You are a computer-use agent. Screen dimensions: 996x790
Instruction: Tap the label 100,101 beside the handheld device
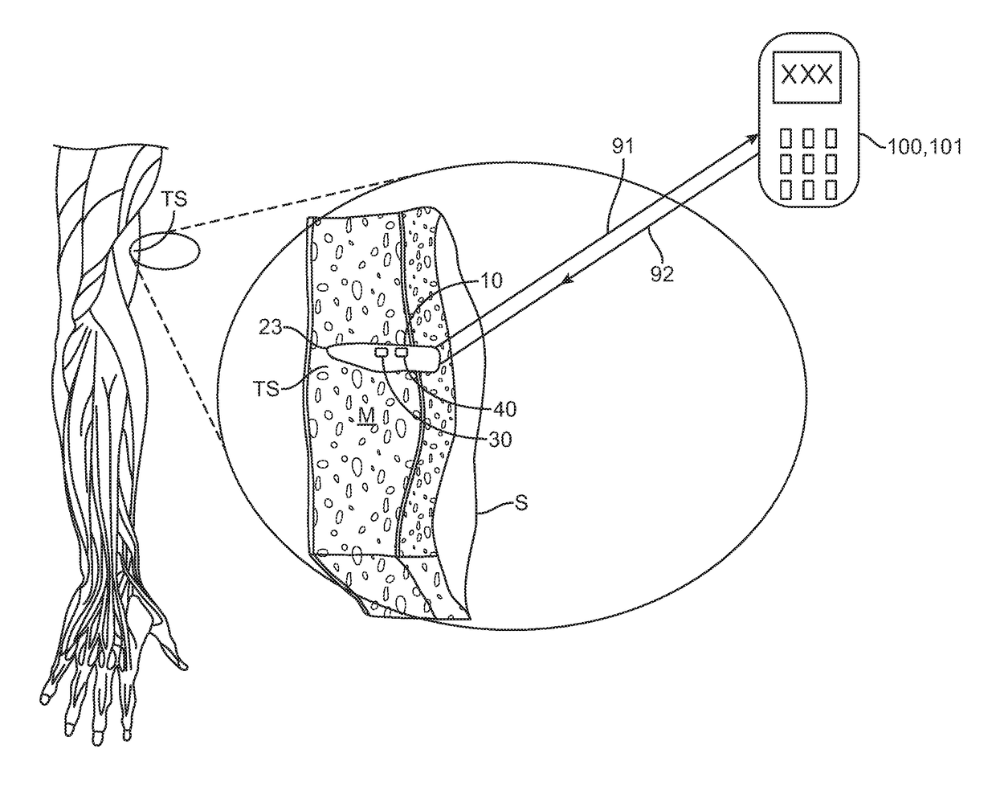(925, 147)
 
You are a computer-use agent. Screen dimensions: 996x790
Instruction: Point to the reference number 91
(622, 147)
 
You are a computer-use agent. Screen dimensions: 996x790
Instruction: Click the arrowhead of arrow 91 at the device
(754, 139)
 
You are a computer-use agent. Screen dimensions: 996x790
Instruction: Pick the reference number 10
(491, 280)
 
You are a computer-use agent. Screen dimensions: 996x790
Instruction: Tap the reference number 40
(504, 409)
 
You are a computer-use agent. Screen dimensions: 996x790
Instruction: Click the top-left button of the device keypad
(788, 137)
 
